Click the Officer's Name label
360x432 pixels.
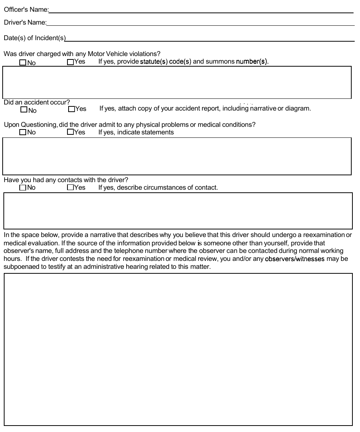click(26, 10)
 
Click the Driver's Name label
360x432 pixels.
click(25, 23)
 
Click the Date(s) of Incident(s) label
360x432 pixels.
click(34, 38)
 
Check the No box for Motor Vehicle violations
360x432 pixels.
click(23, 62)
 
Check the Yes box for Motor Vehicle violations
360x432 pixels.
click(70, 62)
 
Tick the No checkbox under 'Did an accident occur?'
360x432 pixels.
click(24, 110)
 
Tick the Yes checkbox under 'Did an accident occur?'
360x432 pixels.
click(71, 109)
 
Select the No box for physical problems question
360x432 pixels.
click(23, 132)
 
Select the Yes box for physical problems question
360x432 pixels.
click(70, 132)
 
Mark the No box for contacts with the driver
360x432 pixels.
click(23, 187)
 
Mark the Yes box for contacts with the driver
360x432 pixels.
click(70, 187)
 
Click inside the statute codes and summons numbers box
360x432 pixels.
click(177, 83)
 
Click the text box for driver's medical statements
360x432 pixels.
click(177, 156)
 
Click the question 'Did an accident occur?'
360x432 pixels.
click(37, 102)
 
